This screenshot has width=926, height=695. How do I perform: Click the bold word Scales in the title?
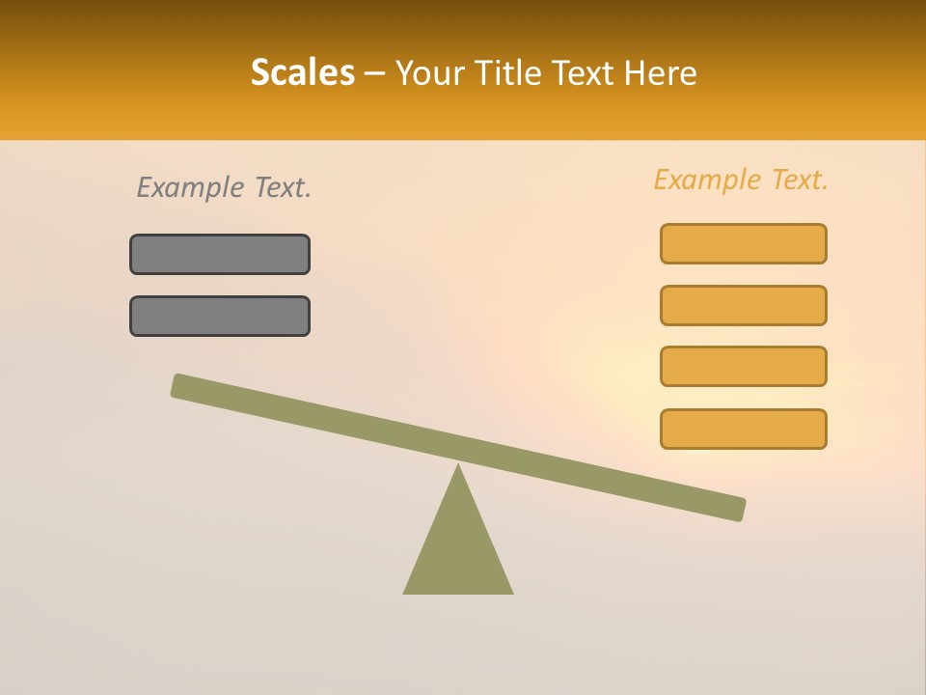302,72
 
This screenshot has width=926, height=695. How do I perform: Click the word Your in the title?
431,73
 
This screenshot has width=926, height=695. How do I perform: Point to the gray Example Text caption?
224,187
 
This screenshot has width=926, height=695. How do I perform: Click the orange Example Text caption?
741,180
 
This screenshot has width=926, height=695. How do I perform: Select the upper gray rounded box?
220,254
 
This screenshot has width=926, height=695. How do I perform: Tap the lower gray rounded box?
220,316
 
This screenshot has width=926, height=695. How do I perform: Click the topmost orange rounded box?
744,243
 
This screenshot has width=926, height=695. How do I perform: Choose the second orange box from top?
744,305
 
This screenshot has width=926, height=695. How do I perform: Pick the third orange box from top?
744,367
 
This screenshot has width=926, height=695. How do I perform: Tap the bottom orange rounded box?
744,429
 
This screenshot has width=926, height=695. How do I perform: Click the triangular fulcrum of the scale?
458,550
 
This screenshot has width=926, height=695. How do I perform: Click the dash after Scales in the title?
374,73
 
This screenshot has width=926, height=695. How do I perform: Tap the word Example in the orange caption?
706,180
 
